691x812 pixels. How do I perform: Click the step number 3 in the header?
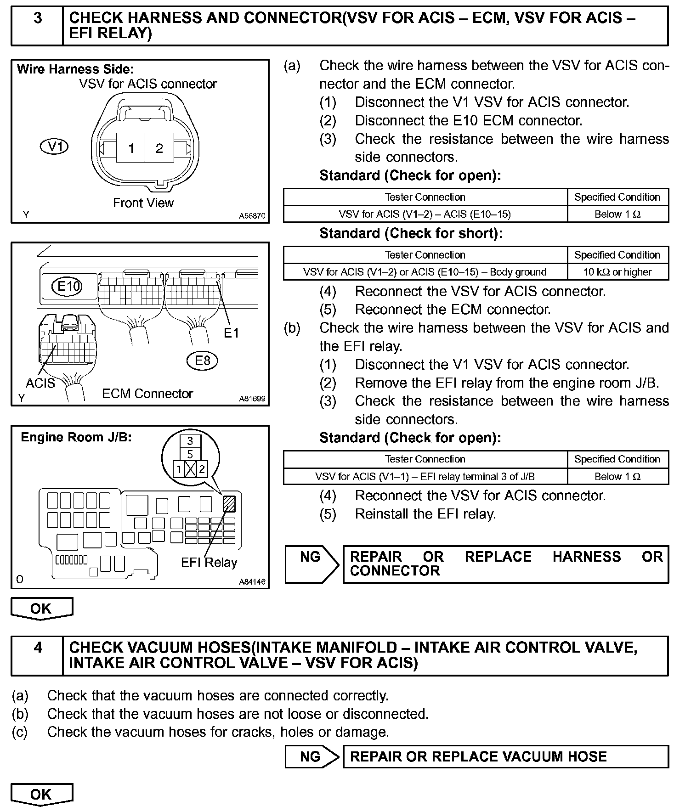pyautogui.click(x=38, y=18)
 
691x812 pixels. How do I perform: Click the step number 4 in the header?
pyautogui.click(x=38, y=648)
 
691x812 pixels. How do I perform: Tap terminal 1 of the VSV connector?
pyautogui.click(x=131, y=148)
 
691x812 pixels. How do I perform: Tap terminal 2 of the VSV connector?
pyautogui.click(x=159, y=148)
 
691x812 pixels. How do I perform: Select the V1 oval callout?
pyautogui.click(x=55, y=147)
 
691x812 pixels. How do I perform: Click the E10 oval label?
pyautogui.click(x=68, y=287)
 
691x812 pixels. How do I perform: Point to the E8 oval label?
pyautogui.click(x=202, y=361)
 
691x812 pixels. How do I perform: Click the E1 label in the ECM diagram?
pyautogui.click(x=232, y=333)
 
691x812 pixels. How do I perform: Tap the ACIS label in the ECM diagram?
pyautogui.click(x=40, y=383)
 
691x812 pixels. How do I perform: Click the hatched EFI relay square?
pyautogui.click(x=229, y=504)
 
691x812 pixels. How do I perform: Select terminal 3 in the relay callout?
pyautogui.click(x=190, y=441)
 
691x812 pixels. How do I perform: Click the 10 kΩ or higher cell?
pyautogui.click(x=617, y=272)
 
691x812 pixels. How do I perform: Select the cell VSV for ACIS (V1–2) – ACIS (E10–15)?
pyautogui.click(x=425, y=214)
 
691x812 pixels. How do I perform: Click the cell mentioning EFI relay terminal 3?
pyautogui.click(x=425, y=477)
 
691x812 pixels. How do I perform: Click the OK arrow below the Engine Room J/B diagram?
pyautogui.click(x=41, y=609)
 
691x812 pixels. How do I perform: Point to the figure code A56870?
pyautogui.click(x=252, y=216)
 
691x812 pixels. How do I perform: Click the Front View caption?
pyautogui.click(x=143, y=203)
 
